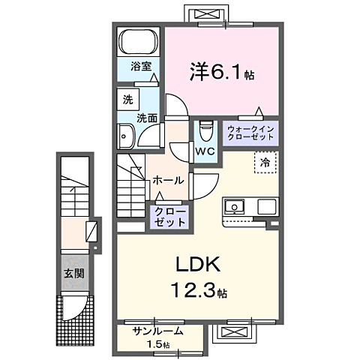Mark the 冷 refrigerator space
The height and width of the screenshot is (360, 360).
coord(265,162)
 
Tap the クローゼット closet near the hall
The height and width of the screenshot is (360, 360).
coord(169,217)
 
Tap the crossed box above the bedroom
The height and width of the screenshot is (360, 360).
coord(206,13)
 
